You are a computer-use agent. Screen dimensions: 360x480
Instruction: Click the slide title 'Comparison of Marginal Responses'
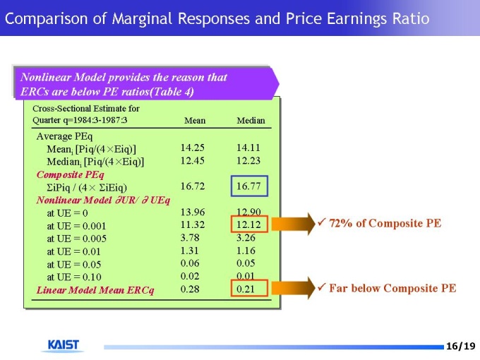217,18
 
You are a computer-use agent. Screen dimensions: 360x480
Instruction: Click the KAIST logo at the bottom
64,345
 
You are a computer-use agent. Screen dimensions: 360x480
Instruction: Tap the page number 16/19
461,346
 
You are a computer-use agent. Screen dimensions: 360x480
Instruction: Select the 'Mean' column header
195,121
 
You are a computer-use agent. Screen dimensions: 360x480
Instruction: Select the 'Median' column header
251,121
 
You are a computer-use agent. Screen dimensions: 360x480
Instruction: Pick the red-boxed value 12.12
249,224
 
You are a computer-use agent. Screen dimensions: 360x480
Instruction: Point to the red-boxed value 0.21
246,289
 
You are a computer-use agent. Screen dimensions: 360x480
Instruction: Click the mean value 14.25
193,148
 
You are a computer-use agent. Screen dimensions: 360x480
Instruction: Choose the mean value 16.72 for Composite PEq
193,186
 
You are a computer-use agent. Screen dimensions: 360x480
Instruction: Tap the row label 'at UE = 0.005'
77,238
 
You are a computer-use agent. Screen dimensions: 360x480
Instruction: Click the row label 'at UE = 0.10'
74,277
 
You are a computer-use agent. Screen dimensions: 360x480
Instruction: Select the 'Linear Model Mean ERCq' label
95,289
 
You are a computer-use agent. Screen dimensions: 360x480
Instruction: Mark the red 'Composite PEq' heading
70,174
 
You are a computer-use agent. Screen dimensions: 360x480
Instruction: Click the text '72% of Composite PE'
385,223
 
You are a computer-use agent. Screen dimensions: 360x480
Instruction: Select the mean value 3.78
190,237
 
